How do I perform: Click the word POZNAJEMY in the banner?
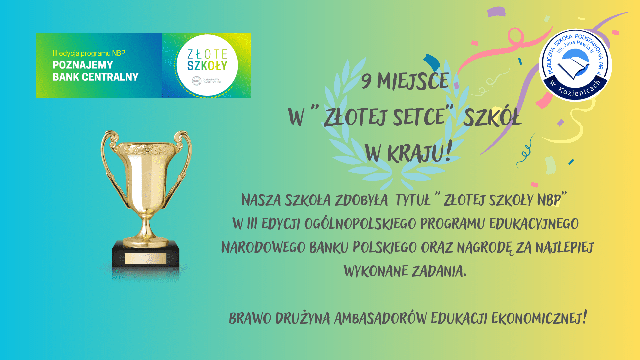point(83,65)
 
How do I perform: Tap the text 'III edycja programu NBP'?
point(89,53)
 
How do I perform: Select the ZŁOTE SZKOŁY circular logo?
point(207,65)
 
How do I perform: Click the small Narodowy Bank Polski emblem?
point(197,81)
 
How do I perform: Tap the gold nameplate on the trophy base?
point(146,258)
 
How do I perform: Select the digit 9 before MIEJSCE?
point(366,82)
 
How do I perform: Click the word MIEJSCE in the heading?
point(413,81)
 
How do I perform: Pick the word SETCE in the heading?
point(419,117)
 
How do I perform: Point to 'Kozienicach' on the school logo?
point(580,89)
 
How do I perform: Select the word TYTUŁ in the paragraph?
point(413,200)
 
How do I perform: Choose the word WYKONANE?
point(376,271)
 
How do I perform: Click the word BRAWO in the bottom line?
point(250,318)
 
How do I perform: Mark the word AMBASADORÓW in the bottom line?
point(380,318)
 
